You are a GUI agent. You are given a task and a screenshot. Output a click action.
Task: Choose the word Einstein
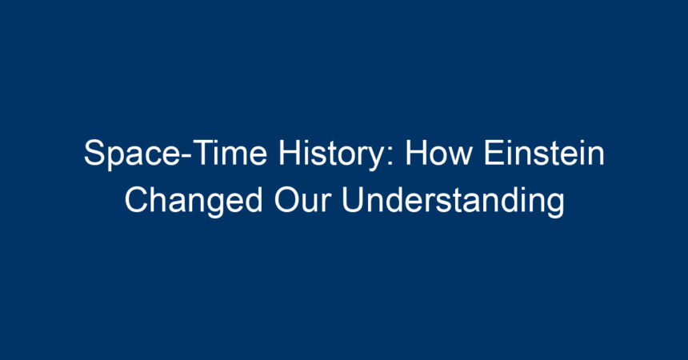click(544, 153)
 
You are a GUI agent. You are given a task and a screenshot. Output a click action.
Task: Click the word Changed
click(194, 202)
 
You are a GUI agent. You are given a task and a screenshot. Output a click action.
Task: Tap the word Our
click(302, 200)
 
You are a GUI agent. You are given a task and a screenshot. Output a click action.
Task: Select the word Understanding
click(454, 202)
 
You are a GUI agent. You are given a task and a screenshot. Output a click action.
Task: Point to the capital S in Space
click(94, 153)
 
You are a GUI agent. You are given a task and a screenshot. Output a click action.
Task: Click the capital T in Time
click(203, 153)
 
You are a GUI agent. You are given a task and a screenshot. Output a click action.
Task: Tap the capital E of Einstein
click(494, 153)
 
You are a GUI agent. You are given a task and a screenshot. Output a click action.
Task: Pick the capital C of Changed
click(137, 200)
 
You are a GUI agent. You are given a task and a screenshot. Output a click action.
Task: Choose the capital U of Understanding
click(353, 200)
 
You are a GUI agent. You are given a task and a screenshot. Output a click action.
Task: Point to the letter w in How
click(460, 157)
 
